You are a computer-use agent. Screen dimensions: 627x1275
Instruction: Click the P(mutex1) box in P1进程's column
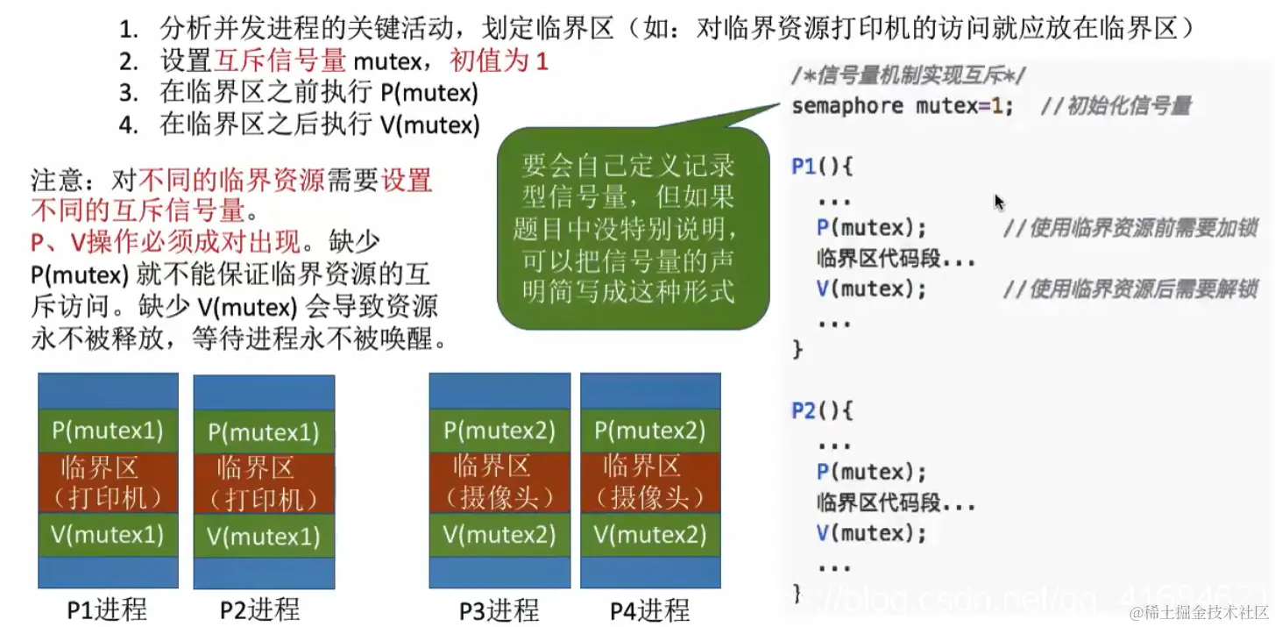click(x=108, y=431)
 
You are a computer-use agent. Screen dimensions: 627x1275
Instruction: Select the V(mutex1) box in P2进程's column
click(x=264, y=536)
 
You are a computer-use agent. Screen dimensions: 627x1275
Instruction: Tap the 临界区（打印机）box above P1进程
click(x=108, y=482)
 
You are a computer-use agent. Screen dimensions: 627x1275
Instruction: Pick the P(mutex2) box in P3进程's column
click(x=499, y=431)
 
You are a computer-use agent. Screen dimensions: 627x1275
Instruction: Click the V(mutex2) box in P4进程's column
click(x=650, y=534)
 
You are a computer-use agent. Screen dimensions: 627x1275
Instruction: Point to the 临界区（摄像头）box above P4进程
click(x=650, y=482)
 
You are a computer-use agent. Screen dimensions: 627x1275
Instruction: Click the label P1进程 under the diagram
click(x=107, y=609)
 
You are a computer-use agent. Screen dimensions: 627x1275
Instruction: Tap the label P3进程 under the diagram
click(x=499, y=610)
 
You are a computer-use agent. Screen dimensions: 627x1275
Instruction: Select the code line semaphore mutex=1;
click(x=903, y=106)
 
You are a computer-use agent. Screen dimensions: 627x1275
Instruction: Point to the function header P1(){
click(x=822, y=166)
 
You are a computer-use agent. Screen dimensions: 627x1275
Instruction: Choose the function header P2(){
click(x=822, y=410)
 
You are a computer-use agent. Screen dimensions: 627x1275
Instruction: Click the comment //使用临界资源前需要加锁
click(x=1130, y=228)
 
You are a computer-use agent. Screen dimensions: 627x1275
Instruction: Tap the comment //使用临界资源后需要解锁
click(x=1130, y=289)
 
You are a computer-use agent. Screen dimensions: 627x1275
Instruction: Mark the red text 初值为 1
click(x=499, y=61)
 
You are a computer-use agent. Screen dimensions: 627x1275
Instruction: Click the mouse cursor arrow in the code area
click(x=999, y=202)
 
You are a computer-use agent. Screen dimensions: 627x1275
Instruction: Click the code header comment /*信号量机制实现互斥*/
click(x=909, y=76)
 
